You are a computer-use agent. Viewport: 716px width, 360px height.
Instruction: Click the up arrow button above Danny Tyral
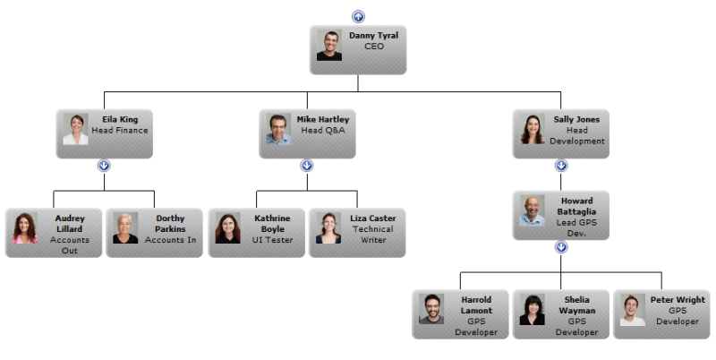tap(358, 16)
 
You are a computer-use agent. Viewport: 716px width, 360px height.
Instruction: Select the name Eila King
tap(120, 119)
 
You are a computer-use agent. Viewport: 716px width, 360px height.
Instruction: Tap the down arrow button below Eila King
tap(104, 166)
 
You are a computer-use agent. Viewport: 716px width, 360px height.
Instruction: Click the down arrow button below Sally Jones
tap(561, 166)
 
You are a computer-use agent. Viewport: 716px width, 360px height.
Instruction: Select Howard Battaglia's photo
tap(533, 211)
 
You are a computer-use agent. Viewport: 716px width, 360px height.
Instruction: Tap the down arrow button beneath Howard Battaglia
tap(561, 246)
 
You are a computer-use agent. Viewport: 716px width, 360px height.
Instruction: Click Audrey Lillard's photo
tap(24, 228)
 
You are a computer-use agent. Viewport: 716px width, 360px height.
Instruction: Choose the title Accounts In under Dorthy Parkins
tap(170, 240)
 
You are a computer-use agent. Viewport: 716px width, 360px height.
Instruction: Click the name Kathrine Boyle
tap(272, 223)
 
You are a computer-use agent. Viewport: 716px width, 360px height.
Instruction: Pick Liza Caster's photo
tap(328, 228)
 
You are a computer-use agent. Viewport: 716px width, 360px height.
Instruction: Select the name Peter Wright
tap(678, 299)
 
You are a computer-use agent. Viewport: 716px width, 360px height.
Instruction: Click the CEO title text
tap(373, 47)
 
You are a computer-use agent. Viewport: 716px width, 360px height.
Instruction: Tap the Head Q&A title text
tap(322, 131)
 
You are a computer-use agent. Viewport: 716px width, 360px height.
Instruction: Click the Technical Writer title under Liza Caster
tap(372, 235)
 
